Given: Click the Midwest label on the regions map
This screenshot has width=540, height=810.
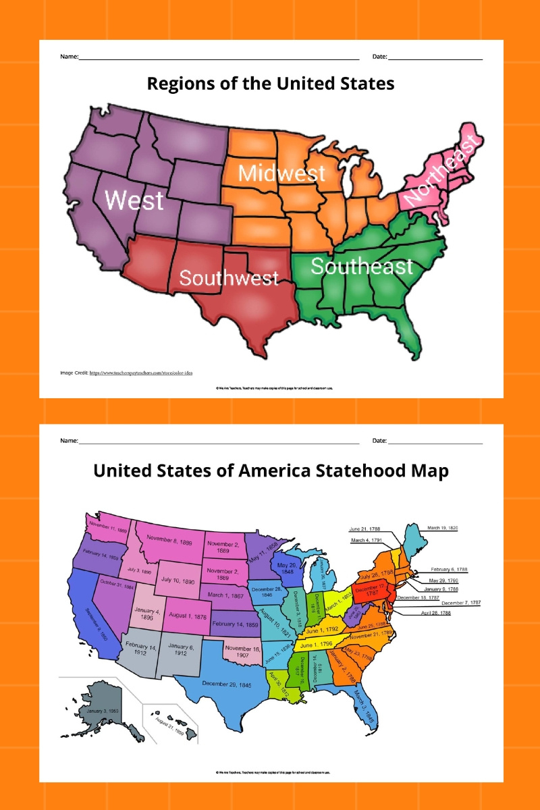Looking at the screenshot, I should (281, 173).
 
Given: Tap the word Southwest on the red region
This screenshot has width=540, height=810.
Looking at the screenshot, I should (229, 277).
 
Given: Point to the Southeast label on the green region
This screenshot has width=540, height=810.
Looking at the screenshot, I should (361, 266).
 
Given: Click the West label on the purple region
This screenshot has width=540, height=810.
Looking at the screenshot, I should (134, 200).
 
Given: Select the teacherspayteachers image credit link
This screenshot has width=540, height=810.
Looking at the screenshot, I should (141, 373).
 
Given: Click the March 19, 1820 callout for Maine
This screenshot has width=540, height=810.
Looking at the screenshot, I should (443, 528).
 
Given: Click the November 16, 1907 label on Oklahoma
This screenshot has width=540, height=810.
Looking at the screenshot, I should (246, 651).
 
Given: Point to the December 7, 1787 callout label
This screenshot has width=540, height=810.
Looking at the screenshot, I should (461, 603).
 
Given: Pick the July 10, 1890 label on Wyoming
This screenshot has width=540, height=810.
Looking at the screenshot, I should (178, 580).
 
